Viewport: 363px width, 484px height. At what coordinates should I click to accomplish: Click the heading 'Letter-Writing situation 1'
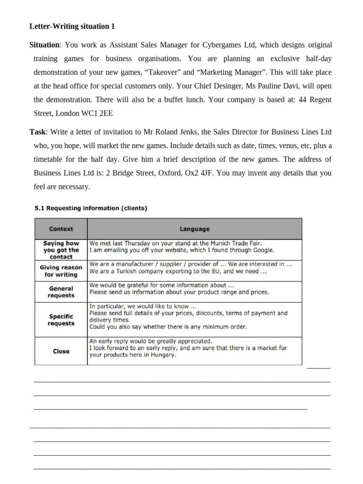point(72,26)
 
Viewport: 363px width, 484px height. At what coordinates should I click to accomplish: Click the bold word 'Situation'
point(45,45)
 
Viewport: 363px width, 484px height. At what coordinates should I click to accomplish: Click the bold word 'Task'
point(37,131)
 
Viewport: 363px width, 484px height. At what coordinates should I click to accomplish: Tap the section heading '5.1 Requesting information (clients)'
point(91,208)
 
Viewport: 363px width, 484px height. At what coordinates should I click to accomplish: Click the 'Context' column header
point(61,229)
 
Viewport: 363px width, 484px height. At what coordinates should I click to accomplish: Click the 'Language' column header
point(194,229)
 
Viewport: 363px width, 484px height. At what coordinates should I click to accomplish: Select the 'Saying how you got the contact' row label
point(61,250)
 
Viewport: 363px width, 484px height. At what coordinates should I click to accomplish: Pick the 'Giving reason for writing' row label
point(61,271)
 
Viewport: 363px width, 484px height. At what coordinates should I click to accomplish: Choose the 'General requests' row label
point(61,292)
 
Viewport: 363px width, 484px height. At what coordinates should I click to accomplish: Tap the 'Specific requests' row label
point(61,320)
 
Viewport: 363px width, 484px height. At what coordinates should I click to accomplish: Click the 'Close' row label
point(61,351)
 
